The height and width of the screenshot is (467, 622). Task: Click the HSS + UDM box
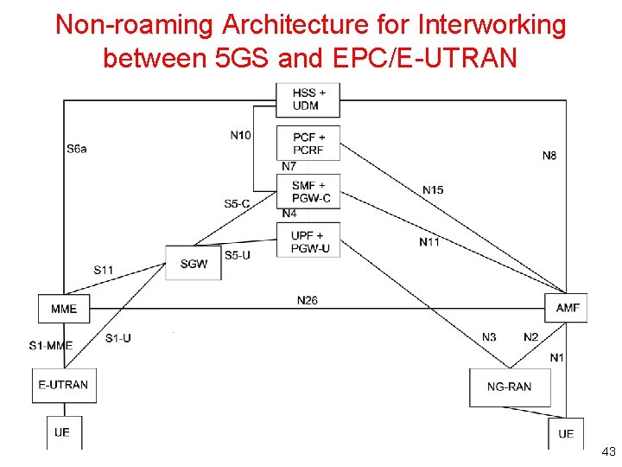tap(308, 99)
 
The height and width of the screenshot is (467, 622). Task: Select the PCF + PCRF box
tap(308, 144)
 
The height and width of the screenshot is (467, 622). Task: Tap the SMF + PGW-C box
tap(308, 191)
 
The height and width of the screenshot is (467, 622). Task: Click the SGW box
tap(194, 263)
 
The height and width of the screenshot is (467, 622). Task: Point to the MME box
tap(64, 309)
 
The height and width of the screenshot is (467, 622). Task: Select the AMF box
tap(567, 308)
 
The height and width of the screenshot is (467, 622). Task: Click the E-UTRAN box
tap(63, 385)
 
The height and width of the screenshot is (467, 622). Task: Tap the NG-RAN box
tap(509, 387)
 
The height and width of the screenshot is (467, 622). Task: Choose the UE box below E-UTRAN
tap(61, 432)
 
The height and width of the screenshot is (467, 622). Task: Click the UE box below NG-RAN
tap(566, 433)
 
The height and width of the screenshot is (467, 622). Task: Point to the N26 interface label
tap(307, 300)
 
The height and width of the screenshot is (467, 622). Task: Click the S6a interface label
tap(76, 149)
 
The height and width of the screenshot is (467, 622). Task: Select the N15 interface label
tap(433, 189)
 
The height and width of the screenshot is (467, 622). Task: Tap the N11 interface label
tap(429, 242)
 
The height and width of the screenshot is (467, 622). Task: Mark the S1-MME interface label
tap(50, 346)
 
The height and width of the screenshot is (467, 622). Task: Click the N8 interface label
tap(549, 156)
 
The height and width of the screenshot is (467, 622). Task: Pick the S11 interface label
tap(104, 270)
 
